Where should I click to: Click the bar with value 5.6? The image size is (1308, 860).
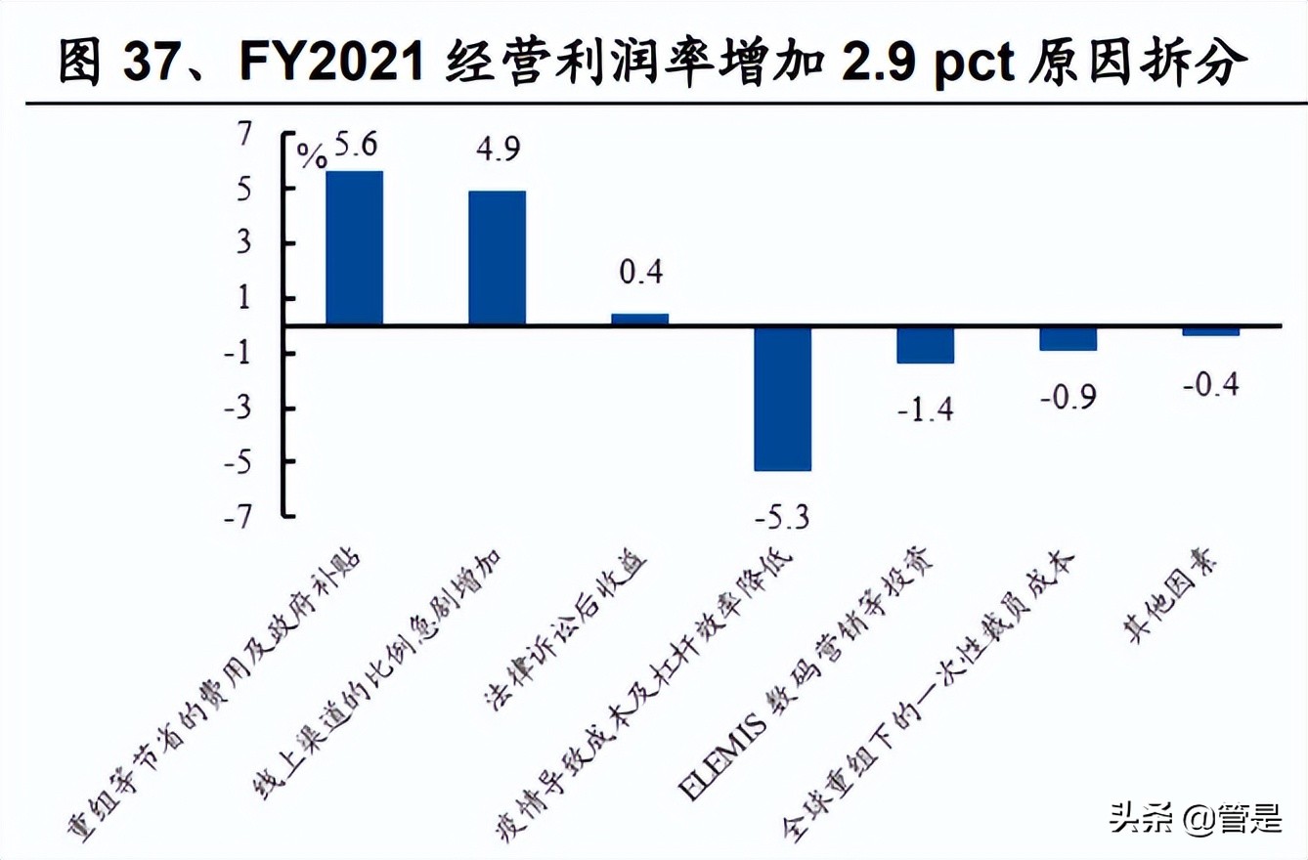(354, 247)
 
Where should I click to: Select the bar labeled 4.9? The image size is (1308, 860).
(498, 257)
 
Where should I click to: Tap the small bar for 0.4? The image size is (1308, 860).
(640, 319)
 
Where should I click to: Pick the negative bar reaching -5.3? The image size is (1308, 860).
(783, 398)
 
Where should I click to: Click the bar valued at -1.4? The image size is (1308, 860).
(926, 345)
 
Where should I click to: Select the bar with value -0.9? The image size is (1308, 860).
(1068, 338)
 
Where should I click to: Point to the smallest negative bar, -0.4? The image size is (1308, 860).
(1211, 331)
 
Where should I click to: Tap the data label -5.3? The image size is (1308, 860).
(782, 515)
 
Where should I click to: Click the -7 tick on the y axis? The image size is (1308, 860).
(248, 516)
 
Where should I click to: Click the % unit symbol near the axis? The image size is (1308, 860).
(313, 156)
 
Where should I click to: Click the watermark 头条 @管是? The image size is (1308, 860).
(1195, 816)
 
